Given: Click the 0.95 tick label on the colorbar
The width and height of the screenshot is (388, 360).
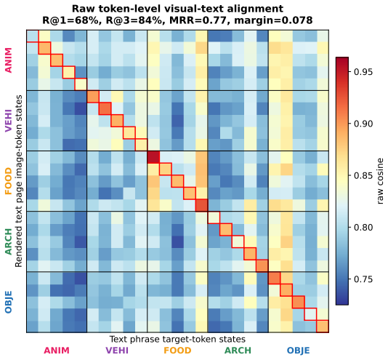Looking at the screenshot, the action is click(x=363, y=72).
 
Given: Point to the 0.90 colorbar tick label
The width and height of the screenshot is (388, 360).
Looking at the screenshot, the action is click(x=363, y=124).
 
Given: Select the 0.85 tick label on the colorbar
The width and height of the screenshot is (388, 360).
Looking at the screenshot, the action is click(x=363, y=176).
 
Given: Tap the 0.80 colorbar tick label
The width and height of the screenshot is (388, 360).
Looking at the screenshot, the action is click(x=363, y=228).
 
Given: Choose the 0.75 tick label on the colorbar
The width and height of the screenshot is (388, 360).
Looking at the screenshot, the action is click(x=363, y=279).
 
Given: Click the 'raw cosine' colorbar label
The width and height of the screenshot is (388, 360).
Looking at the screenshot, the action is click(x=380, y=181).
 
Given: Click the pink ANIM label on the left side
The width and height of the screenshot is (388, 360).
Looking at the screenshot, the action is click(x=9, y=60).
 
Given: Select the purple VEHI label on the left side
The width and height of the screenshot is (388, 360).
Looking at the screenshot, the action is click(x=9, y=121).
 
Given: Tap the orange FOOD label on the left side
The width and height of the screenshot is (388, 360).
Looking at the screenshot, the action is click(x=9, y=181).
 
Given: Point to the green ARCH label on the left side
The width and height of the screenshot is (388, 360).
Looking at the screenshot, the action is click(x=9, y=241).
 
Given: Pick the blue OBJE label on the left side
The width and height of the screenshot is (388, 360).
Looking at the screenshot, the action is click(x=9, y=303).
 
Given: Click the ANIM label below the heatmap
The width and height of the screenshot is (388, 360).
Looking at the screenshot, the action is click(x=57, y=351).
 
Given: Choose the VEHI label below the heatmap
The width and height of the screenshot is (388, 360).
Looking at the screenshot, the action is click(x=117, y=351).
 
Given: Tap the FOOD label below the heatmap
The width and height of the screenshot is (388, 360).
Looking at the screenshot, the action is click(x=177, y=351).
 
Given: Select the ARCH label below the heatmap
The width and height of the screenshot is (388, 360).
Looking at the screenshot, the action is click(x=238, y=351).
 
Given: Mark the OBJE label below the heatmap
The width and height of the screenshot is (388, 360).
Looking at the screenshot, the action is click(x=299, y=351).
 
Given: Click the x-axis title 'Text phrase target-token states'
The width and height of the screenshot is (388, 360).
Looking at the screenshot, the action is click(x=177, y=339).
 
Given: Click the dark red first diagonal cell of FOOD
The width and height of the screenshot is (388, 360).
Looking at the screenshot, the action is click(x=153, y=157).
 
